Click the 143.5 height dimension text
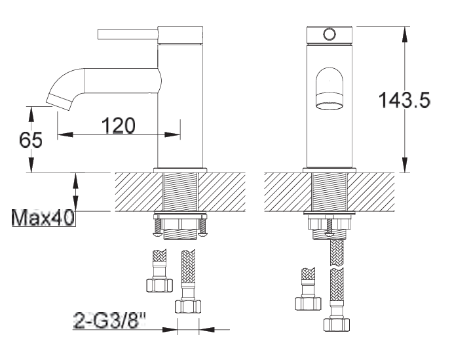point(404,100)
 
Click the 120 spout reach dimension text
point(119,125)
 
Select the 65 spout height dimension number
point(31,140)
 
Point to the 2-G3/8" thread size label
point(109,320)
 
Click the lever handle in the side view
point(128,34)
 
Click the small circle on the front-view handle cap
point(330,34)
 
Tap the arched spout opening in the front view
point(330,89)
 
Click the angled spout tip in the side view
point(58,102)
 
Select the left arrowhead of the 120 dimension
point(65,134)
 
